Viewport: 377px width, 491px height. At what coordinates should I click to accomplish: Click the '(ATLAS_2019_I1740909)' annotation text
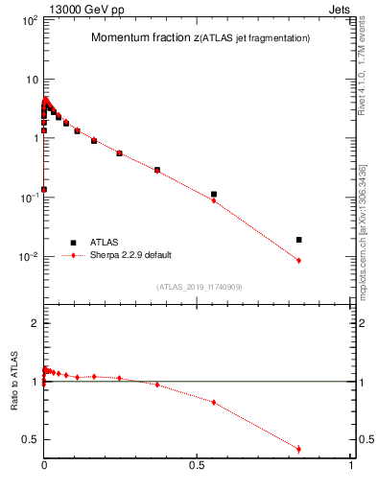click(x=199, y=287)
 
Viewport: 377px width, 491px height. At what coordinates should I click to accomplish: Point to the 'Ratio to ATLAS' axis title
click(x=14, y=382)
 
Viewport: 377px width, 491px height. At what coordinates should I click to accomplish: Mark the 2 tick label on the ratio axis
click(x=33, y=323)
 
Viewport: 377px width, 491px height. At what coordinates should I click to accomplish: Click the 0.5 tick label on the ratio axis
click(x=28, y=440)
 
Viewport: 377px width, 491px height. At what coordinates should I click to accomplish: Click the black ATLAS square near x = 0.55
click(x=214, y=194)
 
